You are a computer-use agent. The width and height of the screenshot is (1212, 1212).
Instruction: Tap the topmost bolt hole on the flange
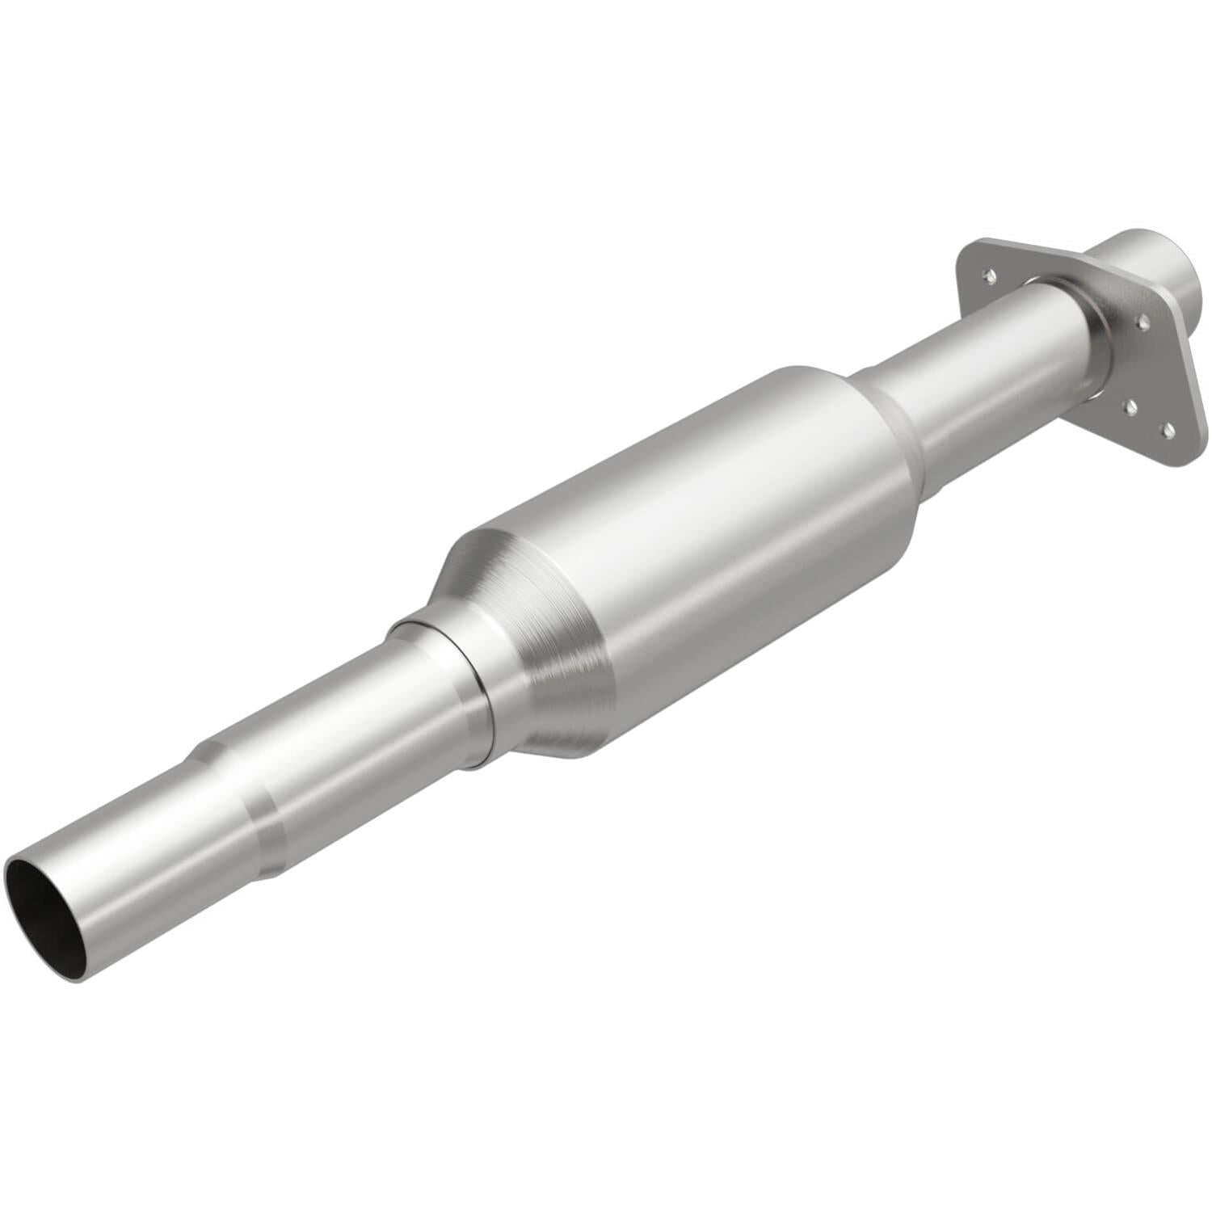[989, 277]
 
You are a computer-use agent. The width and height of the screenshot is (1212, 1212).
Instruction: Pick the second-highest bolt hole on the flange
[1143, 322]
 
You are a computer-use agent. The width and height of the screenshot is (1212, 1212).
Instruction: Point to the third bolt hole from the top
[1130, 406]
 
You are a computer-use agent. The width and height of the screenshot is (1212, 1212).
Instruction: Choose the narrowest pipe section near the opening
[137, 873]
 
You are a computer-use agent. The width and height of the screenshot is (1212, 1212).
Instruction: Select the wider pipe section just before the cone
[364, 727]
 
